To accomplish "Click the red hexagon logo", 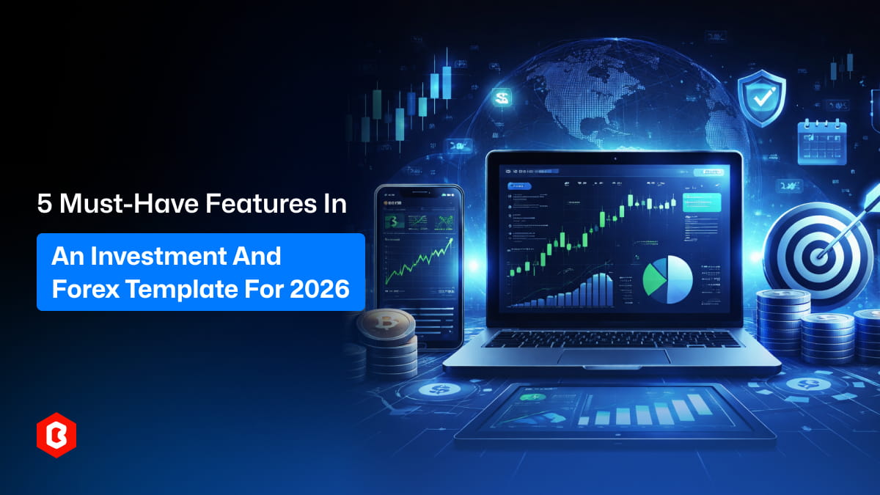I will [56, 439].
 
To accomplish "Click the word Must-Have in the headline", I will [129, 205].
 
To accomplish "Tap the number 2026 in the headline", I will [320, 288].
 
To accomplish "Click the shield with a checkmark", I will [762, 98].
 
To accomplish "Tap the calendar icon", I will [822, 142].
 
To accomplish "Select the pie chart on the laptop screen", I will [667, 279].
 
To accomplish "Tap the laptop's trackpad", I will [613, 356].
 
